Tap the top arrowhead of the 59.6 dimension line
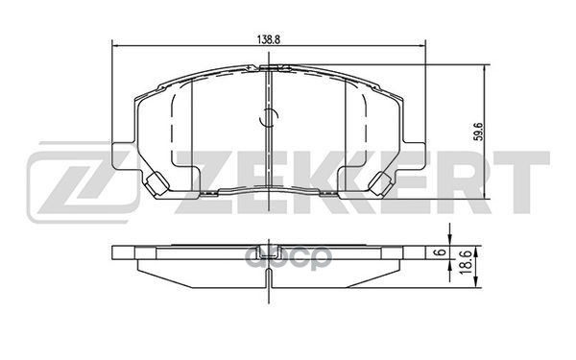(x=485, y=67)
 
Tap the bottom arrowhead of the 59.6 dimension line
(x=485, y=196)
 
